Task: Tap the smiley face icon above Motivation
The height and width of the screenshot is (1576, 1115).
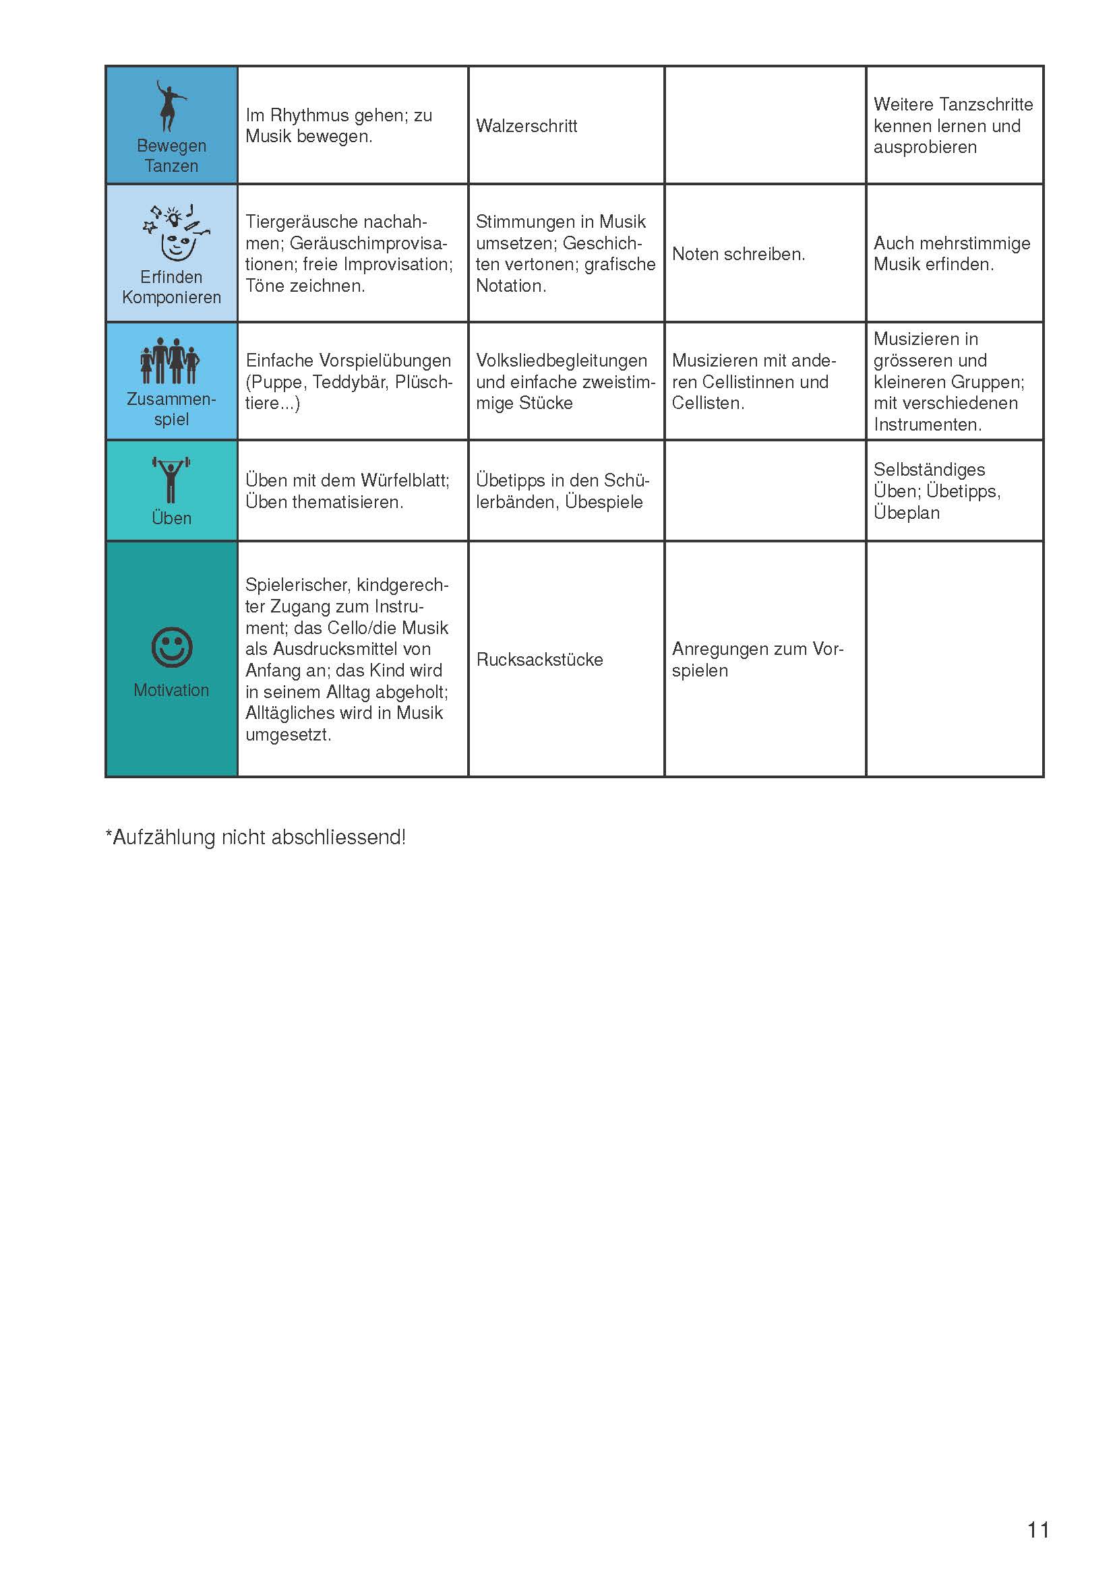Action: click(x=172, y=647)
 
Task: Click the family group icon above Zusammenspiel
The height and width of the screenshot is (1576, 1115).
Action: click(x=171, y=361)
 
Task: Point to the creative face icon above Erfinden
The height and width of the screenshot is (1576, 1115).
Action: click(x=177, y=233)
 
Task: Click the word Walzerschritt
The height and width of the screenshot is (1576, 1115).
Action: click(x=526, y=126)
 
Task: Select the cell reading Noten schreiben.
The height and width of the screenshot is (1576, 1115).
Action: click(x=738, y=254)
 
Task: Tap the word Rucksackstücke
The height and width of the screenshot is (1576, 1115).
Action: click(x=540, y=660)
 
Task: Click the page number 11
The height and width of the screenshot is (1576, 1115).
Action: click(x=1038, y=1530)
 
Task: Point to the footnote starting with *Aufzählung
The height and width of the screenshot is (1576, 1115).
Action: click(x=255, y=838)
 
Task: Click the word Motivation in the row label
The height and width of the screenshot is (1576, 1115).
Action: click(x=171, y=690)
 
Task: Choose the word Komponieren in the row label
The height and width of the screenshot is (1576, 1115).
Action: click(x=171, y=297)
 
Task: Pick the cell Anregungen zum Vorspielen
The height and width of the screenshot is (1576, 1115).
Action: click(x=756, y=660)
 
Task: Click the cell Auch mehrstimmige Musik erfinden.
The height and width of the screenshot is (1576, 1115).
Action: click(x=952, y=254)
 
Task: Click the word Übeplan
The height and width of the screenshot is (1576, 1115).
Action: click(x=906, y=513)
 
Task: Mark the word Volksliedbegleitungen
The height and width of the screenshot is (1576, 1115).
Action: click(x=561, y=360)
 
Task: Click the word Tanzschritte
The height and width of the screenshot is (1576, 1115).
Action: click(x=987, y=104)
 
